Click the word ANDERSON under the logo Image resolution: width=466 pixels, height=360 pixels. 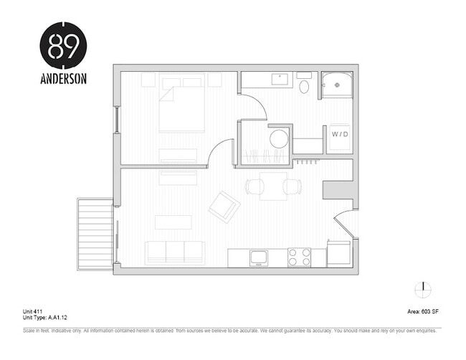(x=63, y=79)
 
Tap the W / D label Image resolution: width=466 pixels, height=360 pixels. (x=338, y=134)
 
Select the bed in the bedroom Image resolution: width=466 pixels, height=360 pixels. (x=181, y=106)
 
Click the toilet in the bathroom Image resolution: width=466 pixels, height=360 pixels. (x=303, y=87)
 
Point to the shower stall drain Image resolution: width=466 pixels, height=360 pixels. (x=336, y=85)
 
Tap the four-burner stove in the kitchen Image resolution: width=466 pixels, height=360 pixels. (x=299, y=257)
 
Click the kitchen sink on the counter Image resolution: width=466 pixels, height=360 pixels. (x=258, y=256)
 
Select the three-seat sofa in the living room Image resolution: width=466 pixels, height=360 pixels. (x=174, y=252)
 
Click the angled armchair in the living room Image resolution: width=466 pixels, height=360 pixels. (x=224, y=207)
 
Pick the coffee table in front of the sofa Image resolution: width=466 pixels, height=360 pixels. (x=173, y=222)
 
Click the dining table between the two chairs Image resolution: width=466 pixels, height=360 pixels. (x=273, y=186)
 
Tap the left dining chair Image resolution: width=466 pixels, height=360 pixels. (x=255, y=186)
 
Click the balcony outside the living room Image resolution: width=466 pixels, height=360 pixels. (x=95, y=234)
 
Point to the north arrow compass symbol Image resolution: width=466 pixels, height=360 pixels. (x=423, y=289)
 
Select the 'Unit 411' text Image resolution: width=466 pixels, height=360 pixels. (x=34, y=311)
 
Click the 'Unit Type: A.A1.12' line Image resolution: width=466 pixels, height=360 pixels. (x=45, y=316)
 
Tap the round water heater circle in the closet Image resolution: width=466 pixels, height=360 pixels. (x=278, y=138)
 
